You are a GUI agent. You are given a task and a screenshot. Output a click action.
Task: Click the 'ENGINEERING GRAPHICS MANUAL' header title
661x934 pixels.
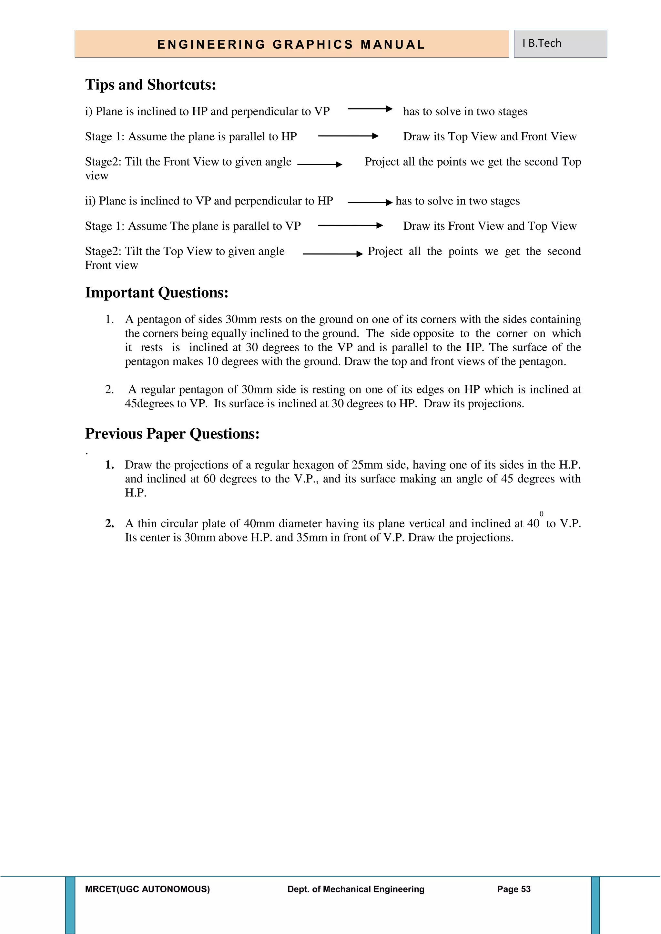pos(291,44)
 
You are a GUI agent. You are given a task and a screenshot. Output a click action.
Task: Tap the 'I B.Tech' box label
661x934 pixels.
pos(542,43)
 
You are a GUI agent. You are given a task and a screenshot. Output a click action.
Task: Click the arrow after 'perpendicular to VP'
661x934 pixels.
pos(370,109)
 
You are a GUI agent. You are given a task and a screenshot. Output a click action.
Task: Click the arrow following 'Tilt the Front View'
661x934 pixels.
pos(320,164)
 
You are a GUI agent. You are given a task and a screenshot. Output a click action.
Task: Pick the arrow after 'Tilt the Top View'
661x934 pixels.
pos(332,254)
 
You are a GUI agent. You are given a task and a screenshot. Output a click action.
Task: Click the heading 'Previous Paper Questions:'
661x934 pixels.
pos(172,434)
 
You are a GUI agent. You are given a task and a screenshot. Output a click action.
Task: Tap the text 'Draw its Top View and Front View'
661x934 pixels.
pos(490,137)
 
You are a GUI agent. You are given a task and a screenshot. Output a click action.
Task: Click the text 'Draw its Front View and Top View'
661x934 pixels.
pos(490,226)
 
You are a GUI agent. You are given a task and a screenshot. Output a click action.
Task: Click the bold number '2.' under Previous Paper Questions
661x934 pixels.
pos(109,523)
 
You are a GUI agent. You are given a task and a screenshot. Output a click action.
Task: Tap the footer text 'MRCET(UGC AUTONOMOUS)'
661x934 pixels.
pos(147,889)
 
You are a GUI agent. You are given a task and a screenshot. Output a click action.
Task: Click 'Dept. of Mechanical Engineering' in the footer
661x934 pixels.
pos(356,889)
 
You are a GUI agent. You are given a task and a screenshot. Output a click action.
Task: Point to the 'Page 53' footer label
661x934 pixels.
pos(514,889)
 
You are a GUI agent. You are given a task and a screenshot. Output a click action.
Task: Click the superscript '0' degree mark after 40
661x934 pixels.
pos(541,514)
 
